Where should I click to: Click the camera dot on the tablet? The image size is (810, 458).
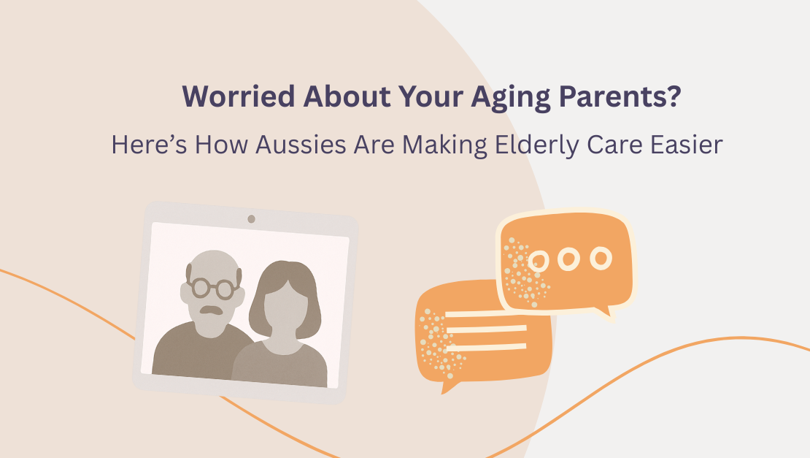[251, 218]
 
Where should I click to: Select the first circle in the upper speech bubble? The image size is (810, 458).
[540, 259]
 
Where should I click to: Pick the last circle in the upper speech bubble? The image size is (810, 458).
[601, 257]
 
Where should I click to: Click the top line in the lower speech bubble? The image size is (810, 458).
[487, 315]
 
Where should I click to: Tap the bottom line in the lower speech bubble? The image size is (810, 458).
[487, 346]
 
